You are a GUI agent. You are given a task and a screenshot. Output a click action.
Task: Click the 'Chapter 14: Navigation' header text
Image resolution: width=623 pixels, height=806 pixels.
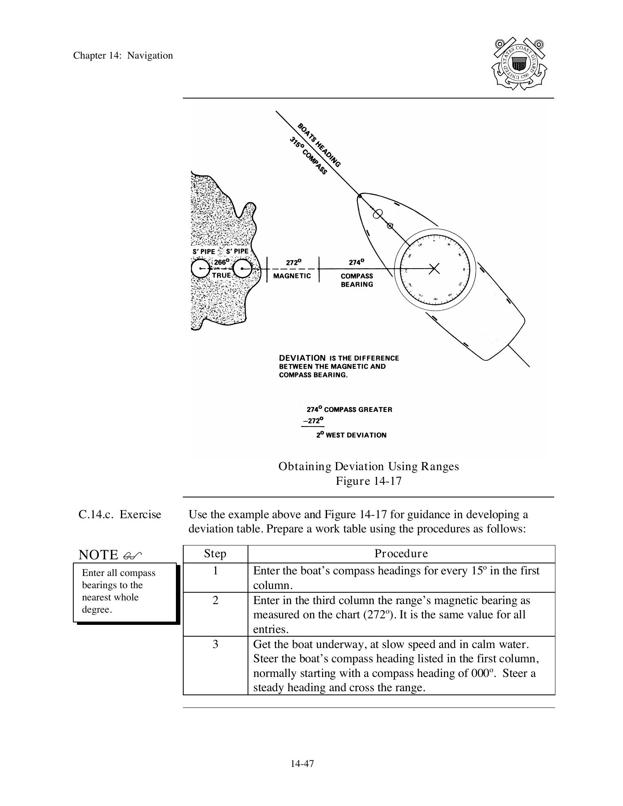(x=123, y=56)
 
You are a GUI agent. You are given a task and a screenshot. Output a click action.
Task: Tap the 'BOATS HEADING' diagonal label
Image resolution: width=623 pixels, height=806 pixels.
(x=319, y=145)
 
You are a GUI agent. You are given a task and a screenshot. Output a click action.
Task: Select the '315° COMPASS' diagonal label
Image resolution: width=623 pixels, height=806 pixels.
(x=308, y=156)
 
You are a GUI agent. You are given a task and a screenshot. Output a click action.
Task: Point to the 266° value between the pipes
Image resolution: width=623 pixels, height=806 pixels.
(x=222, y=262)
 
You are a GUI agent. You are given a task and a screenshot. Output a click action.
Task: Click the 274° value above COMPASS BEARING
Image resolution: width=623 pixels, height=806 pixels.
(x=356, y=263)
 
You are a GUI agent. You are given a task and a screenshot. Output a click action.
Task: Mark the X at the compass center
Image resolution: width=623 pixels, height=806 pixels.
(x=434, y=268)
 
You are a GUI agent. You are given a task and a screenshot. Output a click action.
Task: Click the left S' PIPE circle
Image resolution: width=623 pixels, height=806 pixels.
(x=201, y=269)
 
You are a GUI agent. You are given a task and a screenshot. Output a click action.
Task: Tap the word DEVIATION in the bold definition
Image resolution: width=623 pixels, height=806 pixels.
(x=302, y=358)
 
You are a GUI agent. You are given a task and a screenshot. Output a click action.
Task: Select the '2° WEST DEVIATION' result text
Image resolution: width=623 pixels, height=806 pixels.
(x=351, y=435)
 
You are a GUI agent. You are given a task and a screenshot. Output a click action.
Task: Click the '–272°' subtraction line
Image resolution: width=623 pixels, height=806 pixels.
(x=313, y=421)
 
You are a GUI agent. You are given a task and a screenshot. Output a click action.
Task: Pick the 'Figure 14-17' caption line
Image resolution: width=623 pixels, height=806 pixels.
(x=369, y=481)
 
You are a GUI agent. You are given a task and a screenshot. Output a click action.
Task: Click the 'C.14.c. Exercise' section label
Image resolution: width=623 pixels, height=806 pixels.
(x=120, y=515)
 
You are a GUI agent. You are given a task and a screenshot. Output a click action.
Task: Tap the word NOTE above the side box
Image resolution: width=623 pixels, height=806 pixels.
(x=98, y=555)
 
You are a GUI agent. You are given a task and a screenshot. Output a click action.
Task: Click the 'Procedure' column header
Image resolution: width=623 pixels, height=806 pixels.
(x=401, y=554)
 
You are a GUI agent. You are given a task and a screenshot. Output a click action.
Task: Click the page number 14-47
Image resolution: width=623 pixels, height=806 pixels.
(x=302, y=764)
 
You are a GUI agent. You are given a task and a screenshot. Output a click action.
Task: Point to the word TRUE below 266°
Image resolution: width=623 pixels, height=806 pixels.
(x=222, y=276)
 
